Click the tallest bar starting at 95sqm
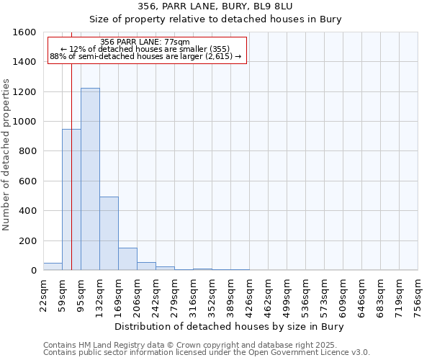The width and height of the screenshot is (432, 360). click(x=90, y=180)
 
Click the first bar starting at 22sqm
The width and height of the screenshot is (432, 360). click(x=53, y=266)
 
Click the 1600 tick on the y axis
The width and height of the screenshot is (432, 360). click(x=25, y=32)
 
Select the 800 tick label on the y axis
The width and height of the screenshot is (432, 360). click(x=27, y=151)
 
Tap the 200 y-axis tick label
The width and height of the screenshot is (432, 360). click(x=27, y=240)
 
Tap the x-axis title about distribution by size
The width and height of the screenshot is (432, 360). click(x=230, y=326)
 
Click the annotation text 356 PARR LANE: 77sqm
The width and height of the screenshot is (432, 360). click(x=145, y=42)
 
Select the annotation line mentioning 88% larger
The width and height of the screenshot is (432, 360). click(x=145, y=57)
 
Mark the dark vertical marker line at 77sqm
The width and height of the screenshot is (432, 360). click(x=72, y=158)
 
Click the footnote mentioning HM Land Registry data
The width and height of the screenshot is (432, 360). click(x=190, y=345)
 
